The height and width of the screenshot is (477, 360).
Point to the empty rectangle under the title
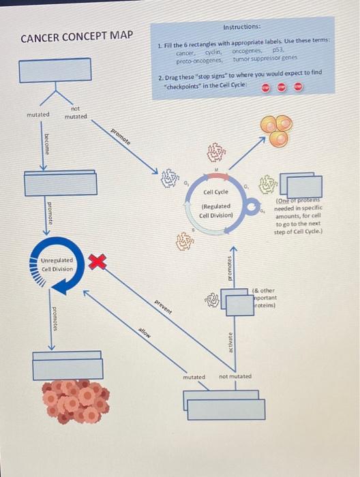[x=55, y=70]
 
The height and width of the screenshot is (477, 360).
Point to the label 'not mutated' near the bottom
[x=235, y=376]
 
